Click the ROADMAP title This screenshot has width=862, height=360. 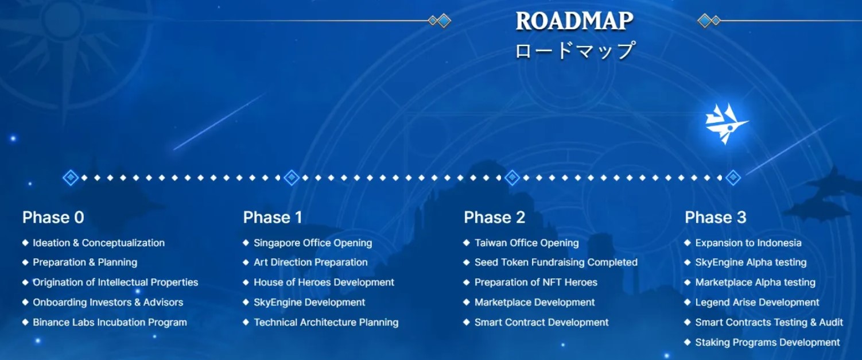coord(574,21)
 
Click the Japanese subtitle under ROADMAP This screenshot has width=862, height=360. coord(574,51)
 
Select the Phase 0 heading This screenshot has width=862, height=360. coord(53,218)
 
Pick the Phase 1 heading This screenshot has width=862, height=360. coord(273,218)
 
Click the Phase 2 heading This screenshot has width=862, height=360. coord(494,218)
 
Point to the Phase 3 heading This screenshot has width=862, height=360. coord(715,218)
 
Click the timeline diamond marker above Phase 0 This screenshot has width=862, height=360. coord(71,178)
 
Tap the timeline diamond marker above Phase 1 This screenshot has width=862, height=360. coord(292,178)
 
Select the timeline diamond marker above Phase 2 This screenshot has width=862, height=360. coord(512,178)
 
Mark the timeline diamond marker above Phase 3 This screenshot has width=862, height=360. coord(733,178)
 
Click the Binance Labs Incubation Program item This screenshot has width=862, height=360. coord(110,323)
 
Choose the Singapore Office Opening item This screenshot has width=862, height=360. coord(313,243)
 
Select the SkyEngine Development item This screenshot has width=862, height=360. coord(309,303)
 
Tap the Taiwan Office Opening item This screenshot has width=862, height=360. coord(526,243)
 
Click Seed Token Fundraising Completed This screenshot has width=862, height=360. coord(556,262)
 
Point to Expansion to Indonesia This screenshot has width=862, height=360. coord(748,243)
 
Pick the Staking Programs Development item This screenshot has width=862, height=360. coord(767,343)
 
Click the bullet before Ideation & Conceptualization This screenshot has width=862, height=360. coord(25,243)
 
